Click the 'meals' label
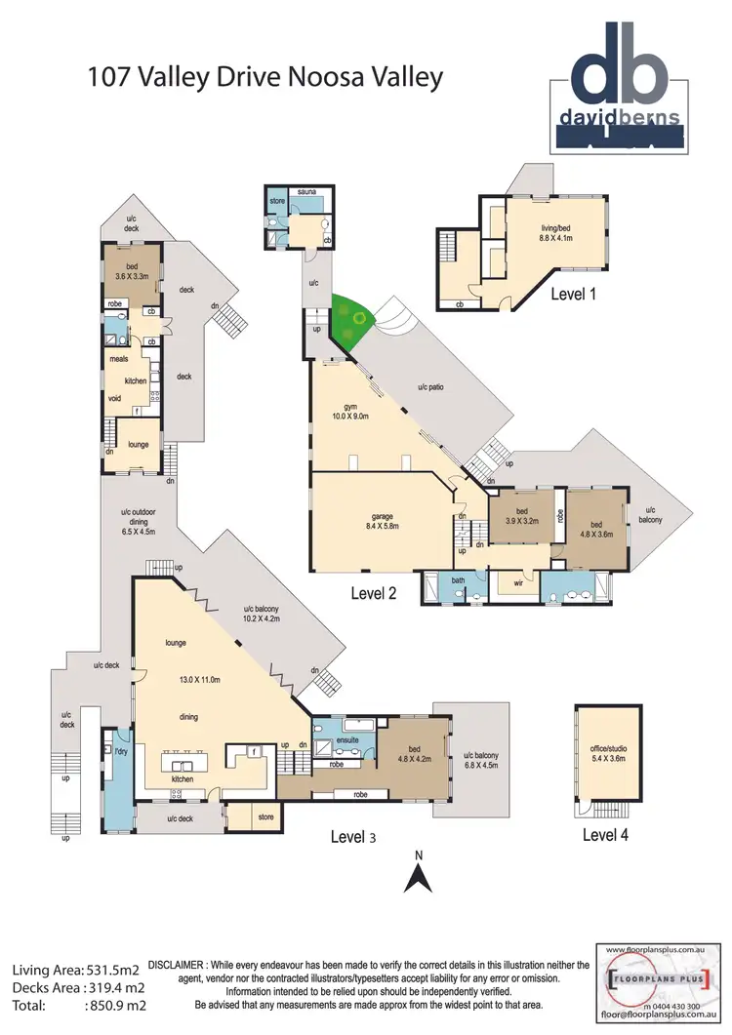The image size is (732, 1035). click(x=118, y=359)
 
